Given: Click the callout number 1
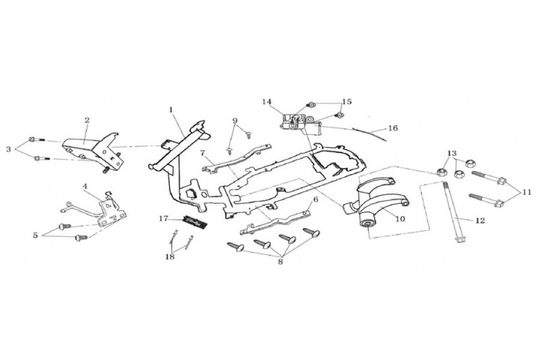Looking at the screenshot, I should coord(171,110).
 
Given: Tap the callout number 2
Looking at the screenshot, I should coord(87,120).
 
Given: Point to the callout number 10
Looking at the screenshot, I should coord(400,219).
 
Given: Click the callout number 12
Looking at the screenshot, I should coord(480,220).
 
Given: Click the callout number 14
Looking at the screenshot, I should coord(267,102).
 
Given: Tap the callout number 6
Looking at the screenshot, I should coord(316,200).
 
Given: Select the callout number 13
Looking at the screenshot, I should coord(452,153).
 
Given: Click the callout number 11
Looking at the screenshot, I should coord(527,193).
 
